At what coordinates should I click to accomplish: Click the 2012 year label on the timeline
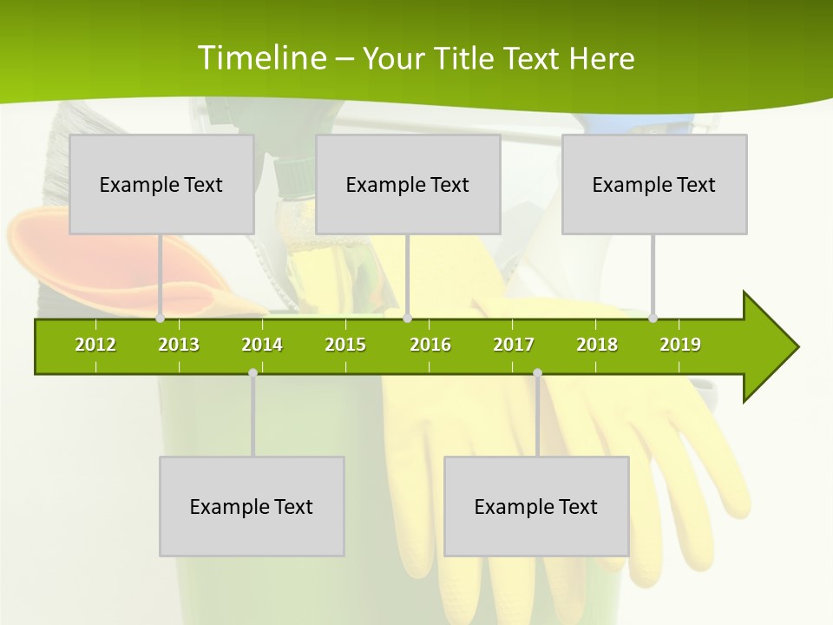pos(95,345)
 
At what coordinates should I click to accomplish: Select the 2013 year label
pos(179,345)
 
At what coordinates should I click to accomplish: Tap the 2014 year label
pos(262,345)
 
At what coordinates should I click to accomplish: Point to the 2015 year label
pos(345,345)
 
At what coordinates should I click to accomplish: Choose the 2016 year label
pos(430,345)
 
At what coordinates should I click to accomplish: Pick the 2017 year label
pos(514,345)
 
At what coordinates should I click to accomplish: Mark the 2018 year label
pos(597,345)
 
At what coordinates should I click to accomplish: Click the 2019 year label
pos(680,345)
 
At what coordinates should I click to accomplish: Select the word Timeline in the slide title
pos(261,58)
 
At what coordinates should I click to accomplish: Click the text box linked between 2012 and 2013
pos(161,184)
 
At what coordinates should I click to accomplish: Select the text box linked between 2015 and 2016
pos(408,184)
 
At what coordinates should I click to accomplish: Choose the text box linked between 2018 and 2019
pos(654,184)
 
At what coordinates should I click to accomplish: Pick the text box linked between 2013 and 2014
pos(252,506)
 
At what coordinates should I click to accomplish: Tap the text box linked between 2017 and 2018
pos(536,506)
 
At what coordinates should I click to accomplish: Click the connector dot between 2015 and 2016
pos(408,319)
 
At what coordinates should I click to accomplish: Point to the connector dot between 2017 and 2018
pos(537,373)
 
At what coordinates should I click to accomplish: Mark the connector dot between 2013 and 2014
pos(253,373)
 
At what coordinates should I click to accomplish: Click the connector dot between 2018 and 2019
pos(653,319)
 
